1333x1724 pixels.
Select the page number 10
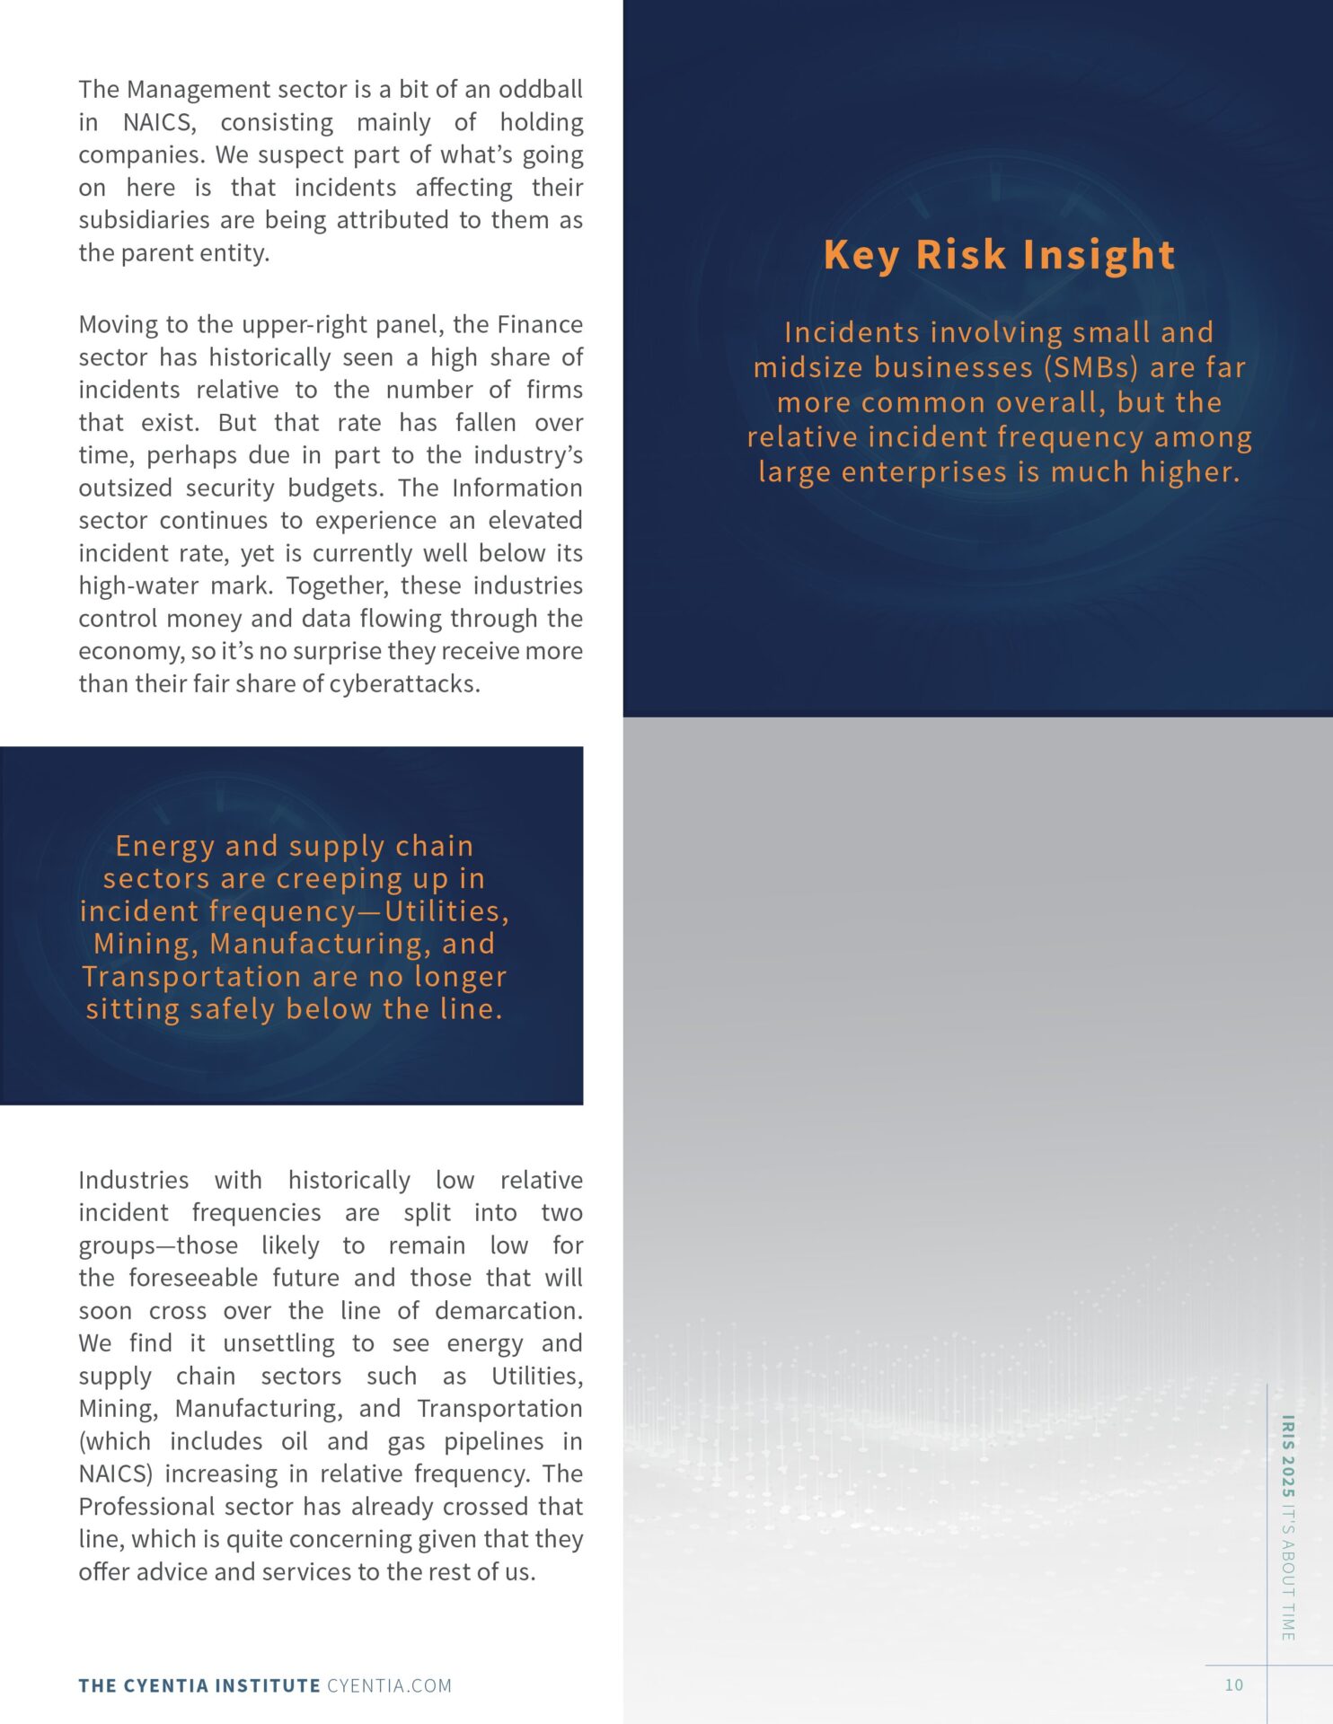[x=1233, y=1684]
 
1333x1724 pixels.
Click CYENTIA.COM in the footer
[x=389, y=1685]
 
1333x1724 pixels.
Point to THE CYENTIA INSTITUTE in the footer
[x=199, y=1685]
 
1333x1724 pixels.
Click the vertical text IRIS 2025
[x=1287, y=1456]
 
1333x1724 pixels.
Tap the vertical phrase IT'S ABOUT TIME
[x=1287, y=1570]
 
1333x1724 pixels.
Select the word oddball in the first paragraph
[x=540, y=89]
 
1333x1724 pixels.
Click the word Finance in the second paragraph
[x=539, y=324]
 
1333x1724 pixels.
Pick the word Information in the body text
[x=516, y=488]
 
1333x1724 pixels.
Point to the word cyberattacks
[x=403, y=683]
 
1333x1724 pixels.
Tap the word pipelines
[x=493, y=1440]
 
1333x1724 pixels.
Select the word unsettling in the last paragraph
[x=278, y=1343]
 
